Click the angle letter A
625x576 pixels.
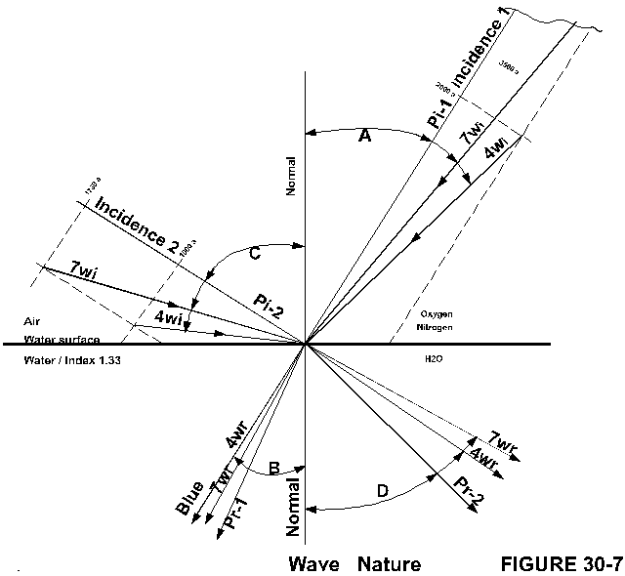click(365, 136)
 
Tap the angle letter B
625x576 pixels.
click(274, 469)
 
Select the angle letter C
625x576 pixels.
click(254, 254)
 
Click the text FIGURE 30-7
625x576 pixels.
click(561, 564)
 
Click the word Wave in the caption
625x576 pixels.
click(312, 564)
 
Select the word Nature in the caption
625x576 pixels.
click(389, 564)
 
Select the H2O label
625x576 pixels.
click(434, 360)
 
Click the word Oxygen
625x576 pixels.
click(436, 316)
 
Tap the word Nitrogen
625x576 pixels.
click(436, 328)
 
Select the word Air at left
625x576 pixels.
click(33, 320)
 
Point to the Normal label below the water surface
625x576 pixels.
click(293, 507)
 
